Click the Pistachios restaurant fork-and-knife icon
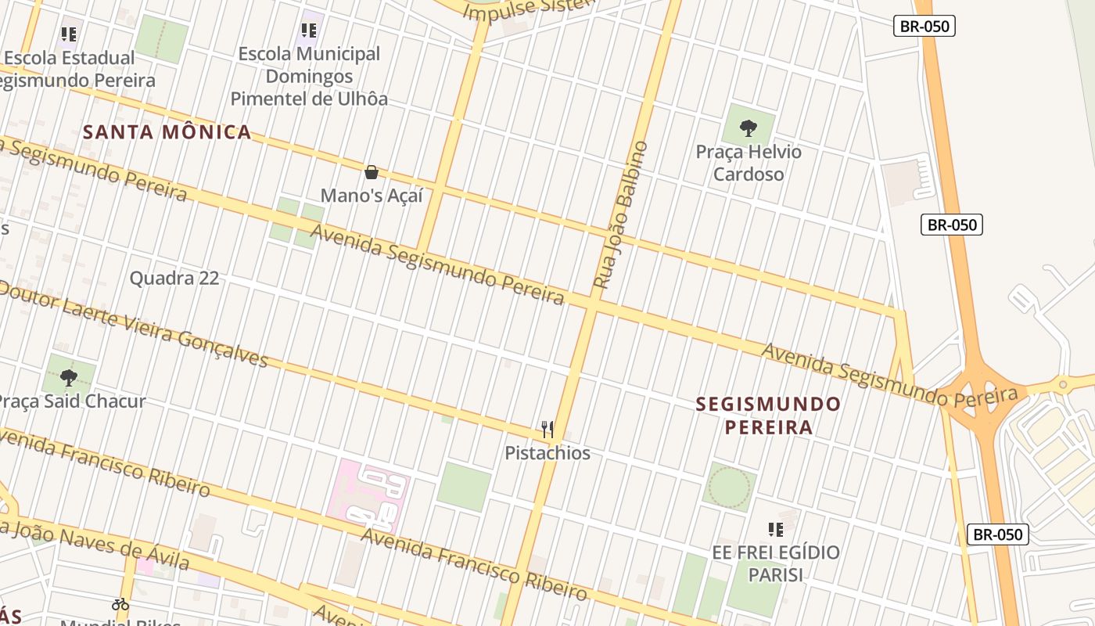[547, 429]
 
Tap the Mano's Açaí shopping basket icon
[372, 172]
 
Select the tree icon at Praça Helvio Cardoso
[749, 128]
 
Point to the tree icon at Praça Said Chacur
[69, 378]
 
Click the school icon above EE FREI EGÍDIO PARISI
[775, 530]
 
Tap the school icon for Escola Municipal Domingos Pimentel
[309, 31]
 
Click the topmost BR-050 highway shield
[924, 26]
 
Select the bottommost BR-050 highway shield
[997, 534]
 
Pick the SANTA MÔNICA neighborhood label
[167, 131]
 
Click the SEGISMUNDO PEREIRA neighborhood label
[768, 416]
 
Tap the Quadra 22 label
[174, 278]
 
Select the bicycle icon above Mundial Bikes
[120, 604]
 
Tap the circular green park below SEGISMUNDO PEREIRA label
[729, 487]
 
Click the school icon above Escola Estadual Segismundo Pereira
[69, 34]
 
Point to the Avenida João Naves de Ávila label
[94, 544]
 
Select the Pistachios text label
[547, 453]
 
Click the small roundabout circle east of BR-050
[1062, 384]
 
